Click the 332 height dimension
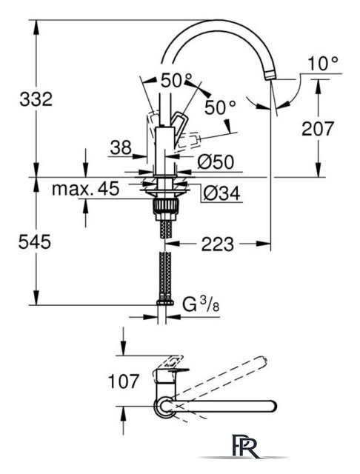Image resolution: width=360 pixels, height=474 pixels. [36, 99]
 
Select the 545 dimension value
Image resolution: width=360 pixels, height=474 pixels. [35, 242]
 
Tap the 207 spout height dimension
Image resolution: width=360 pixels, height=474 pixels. [319, 129]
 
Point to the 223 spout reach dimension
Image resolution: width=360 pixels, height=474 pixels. [218, 244]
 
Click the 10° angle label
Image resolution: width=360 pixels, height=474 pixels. [323, 64]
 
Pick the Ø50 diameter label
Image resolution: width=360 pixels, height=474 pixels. [216, 161]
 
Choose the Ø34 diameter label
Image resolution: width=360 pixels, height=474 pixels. [221, 193]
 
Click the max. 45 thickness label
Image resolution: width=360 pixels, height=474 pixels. [85, 189]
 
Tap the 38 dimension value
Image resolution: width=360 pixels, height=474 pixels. [121, 148]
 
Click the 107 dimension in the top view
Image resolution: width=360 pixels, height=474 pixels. [124, 381]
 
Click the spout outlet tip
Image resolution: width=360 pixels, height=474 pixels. [270, 75]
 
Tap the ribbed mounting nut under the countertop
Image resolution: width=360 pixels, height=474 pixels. [166, 207]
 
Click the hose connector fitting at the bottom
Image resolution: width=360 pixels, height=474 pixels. [165, 302]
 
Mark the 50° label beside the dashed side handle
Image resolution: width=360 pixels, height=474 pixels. [220, 107]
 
